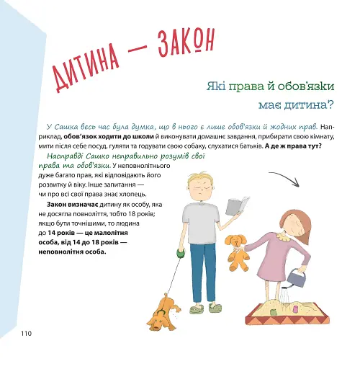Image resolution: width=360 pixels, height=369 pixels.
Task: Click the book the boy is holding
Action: [235, 206]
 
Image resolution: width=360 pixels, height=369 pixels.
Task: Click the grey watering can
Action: [295, 276]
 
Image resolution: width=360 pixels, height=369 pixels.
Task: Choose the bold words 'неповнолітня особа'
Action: [71, 253]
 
